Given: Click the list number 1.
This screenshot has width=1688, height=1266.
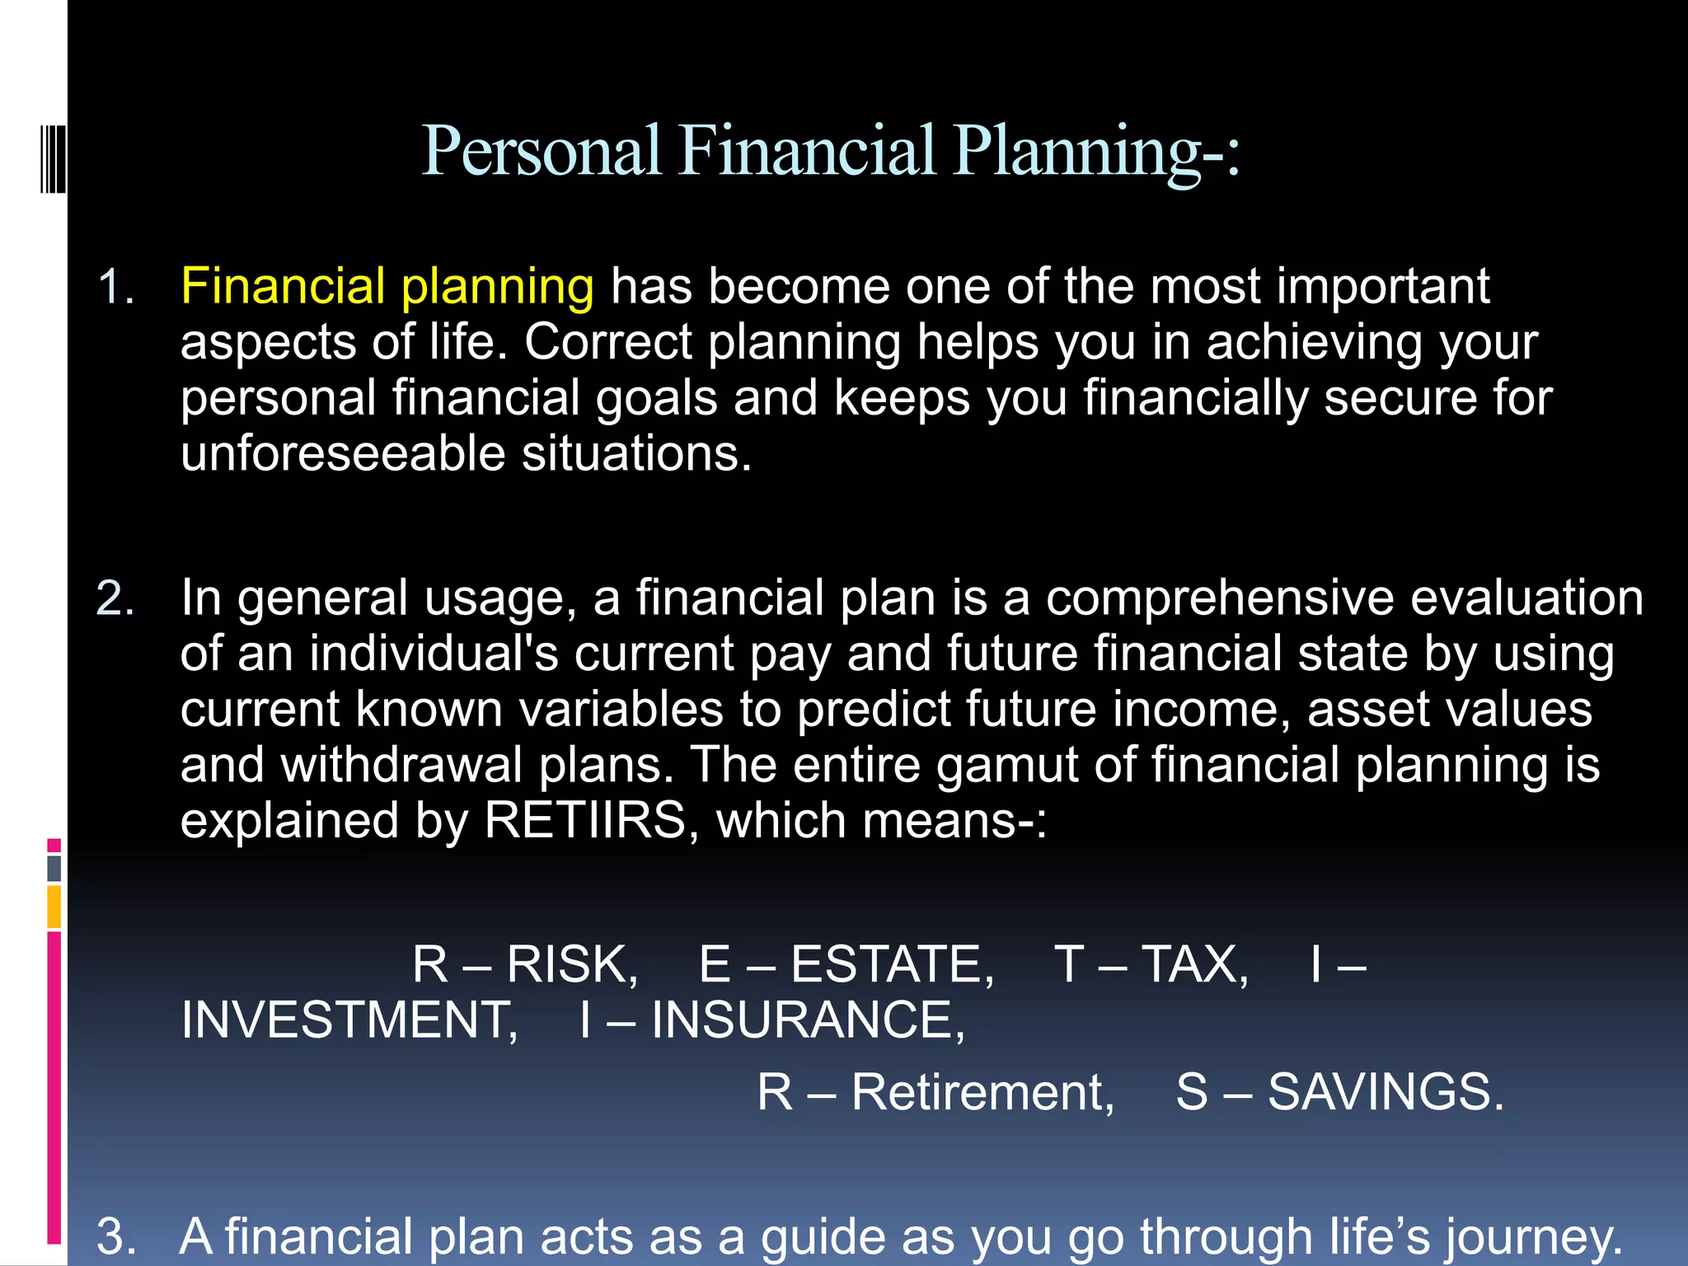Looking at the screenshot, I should (115, 288).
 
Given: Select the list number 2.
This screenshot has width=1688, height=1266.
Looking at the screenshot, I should (115, 598).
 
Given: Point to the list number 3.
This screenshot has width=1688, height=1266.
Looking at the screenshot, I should (115, 1236).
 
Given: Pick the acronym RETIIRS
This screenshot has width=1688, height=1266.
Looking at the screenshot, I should (585, 821).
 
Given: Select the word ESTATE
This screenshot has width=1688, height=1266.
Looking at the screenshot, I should (892, 964).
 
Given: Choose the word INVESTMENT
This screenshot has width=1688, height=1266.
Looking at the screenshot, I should (349, 1020).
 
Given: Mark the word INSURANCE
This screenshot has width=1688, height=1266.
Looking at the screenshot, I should (807, 1020).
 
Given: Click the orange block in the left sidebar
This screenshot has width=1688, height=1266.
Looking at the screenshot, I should (54, 906).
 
